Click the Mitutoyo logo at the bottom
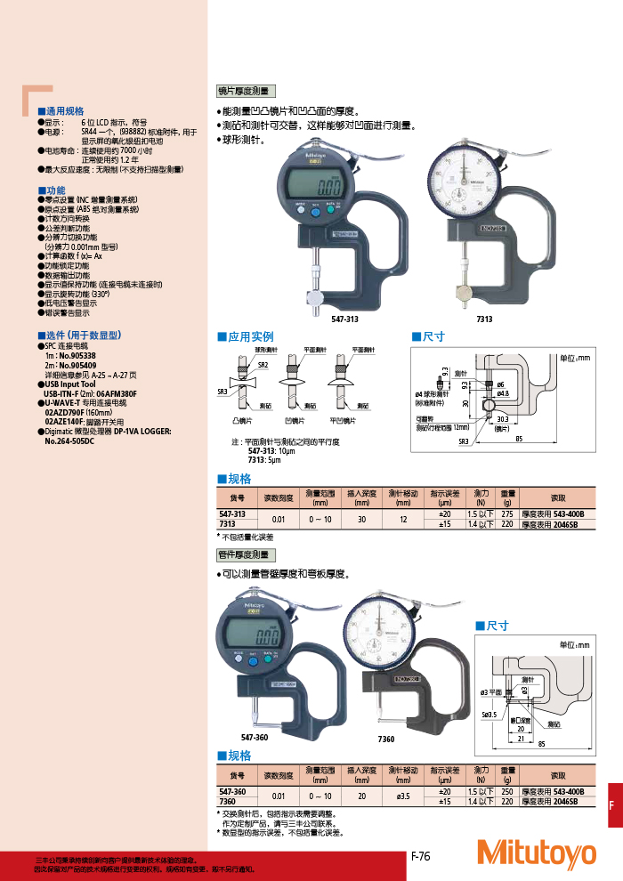pos(536,853)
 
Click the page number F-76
pos(421,856)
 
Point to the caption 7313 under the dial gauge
pos(484,319)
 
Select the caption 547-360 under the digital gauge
pos(255,739)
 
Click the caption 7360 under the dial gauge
pos(386,739)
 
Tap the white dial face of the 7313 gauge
pos(464,184)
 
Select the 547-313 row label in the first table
pos(232,514)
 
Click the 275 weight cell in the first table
pos(508,514)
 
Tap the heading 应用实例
pos(250,337)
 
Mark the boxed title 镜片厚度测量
pos(246,91)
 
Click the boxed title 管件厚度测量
pos(246,554)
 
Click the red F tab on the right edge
pos(611,805)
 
